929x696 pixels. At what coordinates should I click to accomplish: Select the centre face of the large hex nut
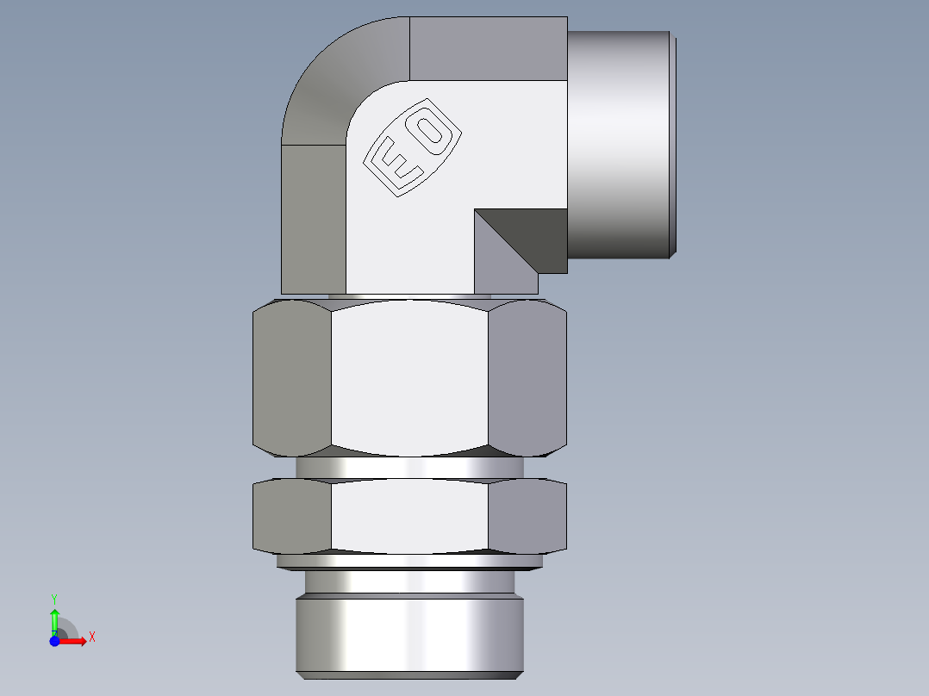[x=409, y=376]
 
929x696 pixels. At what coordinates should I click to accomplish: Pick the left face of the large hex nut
[x=292, y=376]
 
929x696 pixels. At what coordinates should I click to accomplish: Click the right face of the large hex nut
[x=527, y=376]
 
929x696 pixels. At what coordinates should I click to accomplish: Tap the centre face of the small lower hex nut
[x=409, y=516]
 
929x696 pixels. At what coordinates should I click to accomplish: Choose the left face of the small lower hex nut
[x=292, y=516]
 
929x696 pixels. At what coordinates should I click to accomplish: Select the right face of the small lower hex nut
[x=527, y=516]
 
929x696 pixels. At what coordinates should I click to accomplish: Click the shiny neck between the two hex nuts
[x=409, y=467]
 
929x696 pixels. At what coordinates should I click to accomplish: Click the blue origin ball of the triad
[x=55, y=641]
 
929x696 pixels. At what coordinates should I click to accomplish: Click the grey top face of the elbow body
[x=488, y=47]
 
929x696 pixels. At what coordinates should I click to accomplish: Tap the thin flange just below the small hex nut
[x=409, y=562]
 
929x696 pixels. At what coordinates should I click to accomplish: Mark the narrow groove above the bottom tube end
[x=409, y=582]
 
